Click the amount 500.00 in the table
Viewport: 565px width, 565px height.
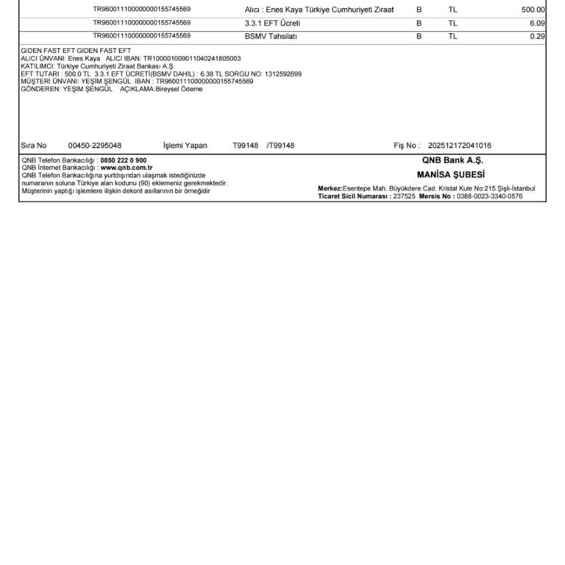click(533, 10)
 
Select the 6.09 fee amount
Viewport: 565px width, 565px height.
click(537, 23)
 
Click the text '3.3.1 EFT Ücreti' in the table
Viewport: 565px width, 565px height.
click(272, 23)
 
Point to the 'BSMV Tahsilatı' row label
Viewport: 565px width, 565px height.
click(271, 35)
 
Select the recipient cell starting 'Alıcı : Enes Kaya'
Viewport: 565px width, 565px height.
click(319, 10)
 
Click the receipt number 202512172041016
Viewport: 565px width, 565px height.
click(460, 146)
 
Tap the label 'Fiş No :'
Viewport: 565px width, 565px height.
click(407, 146)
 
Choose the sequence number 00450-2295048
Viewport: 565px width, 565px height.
click(95, 146)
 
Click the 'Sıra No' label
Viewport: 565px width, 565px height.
click(34, 146)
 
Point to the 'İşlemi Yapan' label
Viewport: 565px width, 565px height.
click(185, 146)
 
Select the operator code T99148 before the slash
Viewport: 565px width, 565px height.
click(246, 146)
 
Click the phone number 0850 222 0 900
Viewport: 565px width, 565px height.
click(124, 160)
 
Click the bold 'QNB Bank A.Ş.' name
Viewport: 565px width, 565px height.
click(452, 160)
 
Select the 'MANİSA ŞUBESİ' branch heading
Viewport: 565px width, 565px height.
click(451, 175)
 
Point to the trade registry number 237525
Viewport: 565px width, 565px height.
click(404, 196)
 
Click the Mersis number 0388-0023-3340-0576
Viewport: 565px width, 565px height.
click(489, 196)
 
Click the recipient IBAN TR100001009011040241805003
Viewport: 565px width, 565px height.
click(192, 58)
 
